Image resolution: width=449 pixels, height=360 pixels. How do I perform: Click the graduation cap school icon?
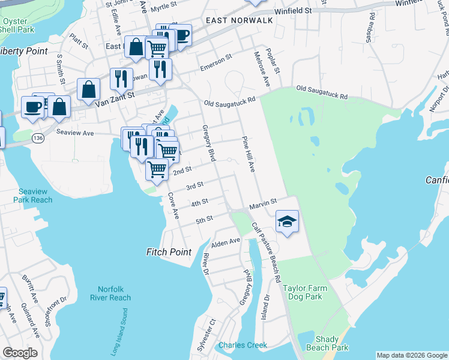click(x=288, y=221)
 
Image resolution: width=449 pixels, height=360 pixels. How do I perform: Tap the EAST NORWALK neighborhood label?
click(x=239, y=20)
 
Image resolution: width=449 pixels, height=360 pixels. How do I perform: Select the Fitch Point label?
click(x=169, y=252)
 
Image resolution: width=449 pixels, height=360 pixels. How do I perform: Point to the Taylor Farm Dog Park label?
click(x=306, y=292)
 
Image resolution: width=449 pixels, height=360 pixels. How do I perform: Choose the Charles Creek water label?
click(x=243, y=345)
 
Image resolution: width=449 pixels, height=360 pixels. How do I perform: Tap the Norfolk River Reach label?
click(x=110, y=293)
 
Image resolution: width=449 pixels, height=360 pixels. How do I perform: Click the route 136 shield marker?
click(x=38, y=137)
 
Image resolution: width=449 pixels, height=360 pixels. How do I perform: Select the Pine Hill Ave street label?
click(x=249, y=154)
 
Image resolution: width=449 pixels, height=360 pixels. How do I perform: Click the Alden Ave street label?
click(x=225, y=243)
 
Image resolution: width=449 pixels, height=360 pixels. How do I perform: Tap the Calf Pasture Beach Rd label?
click(x=266, y=253)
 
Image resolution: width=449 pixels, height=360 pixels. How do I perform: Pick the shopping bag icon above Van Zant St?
click(x=89, y=89)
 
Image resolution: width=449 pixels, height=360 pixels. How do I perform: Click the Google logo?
click(x=20, y=353)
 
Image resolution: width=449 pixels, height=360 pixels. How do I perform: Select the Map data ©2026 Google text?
click(x=412, y=355)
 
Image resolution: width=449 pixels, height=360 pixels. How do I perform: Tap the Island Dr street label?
click(x=266, y=306)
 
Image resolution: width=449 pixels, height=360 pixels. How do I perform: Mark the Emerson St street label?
click(x=216, y=62)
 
